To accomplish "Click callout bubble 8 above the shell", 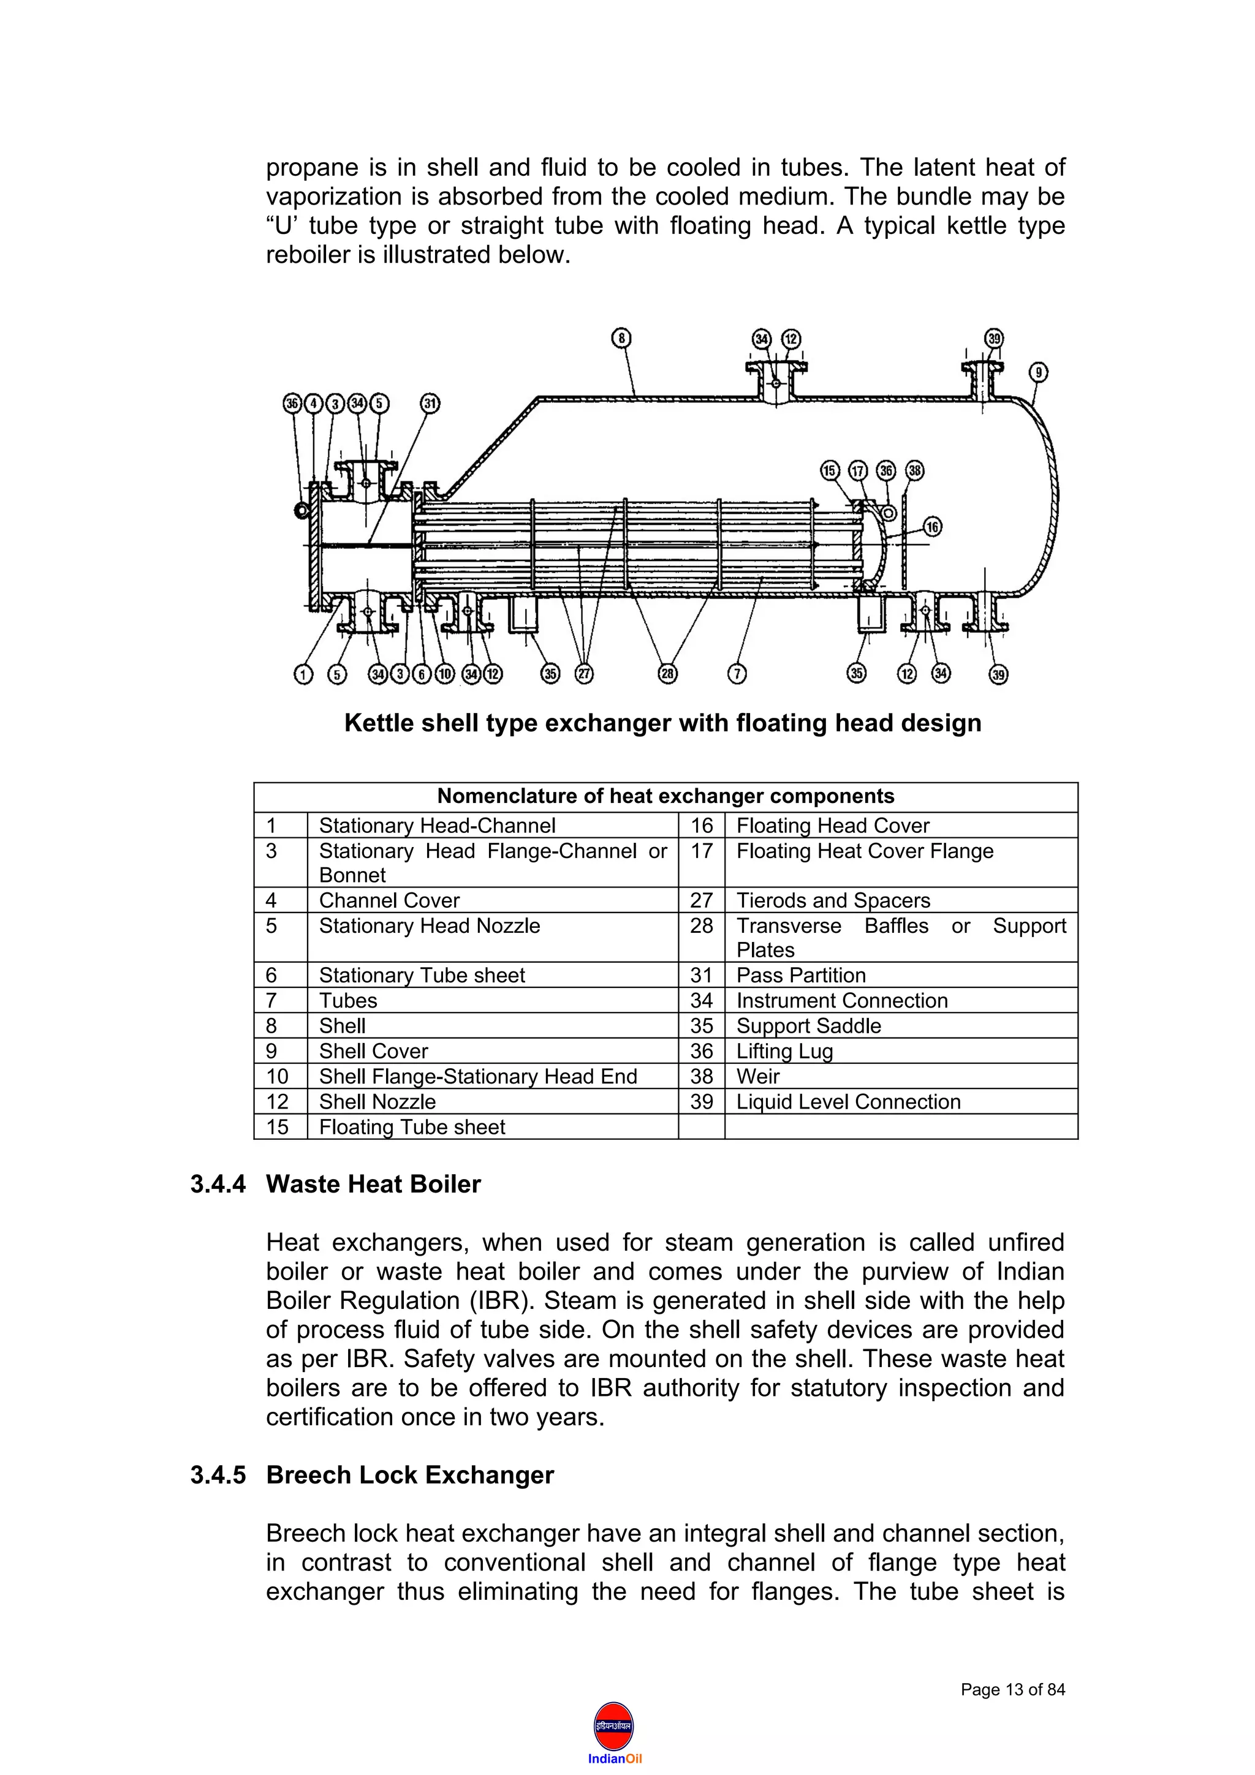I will click(x=622, y=338).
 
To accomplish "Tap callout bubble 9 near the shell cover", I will click(x=1039, y=372).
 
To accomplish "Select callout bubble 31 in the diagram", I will click(x=430, y=403).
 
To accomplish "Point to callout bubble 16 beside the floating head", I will click(x=933, y=527).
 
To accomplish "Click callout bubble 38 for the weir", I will click(x=915, y=470).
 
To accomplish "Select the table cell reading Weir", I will click(x=758, y=1076).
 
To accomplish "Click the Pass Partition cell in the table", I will click(x=800, y=975).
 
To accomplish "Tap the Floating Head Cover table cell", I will click(x=832, y=825).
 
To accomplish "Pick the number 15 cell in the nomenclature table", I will click(x=278, y=1127).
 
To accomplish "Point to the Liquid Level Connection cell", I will click(x=847, y=1102).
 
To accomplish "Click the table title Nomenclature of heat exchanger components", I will click(x=665, y=796).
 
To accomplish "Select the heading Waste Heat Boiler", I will click(x=373, y=1185).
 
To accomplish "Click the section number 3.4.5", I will click(x=218, y=1475).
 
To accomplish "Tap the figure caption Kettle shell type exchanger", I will click(x=662, y=723).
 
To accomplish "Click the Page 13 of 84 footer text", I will click(x=1012, y=1690).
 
